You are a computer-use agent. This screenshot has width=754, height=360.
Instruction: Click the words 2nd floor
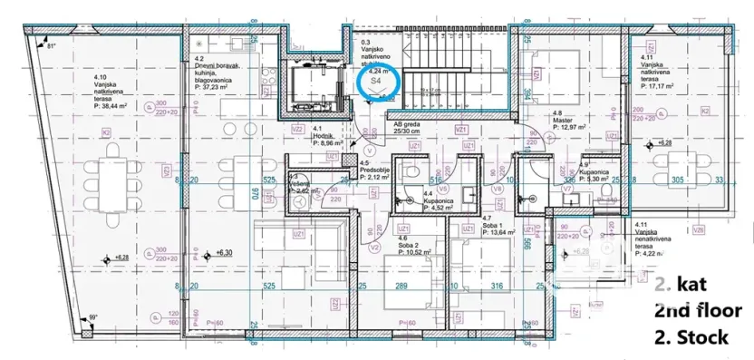coord(698,311)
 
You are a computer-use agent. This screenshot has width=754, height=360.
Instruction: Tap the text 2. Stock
coord(691,337)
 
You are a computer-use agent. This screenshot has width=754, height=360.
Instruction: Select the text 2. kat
coord(685,284)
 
